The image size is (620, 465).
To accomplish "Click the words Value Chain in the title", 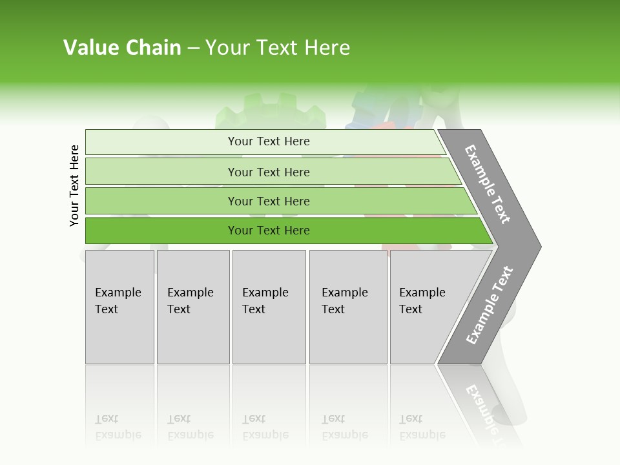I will coord(122,48).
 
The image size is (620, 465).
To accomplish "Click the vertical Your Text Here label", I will coord(74,185).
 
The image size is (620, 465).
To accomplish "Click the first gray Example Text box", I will coord(119,307).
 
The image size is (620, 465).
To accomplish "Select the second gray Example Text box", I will coord(193,307).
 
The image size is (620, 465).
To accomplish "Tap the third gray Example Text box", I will coord(269,307).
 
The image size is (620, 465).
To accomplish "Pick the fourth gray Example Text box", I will coord(348,307).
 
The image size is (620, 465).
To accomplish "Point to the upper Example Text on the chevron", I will coord(488,184).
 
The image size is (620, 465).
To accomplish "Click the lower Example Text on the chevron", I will coord(490,305).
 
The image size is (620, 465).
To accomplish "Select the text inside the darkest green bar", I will coord(269,231).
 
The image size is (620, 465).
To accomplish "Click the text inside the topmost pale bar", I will coord(269,141).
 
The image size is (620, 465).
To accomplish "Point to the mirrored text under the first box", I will coord(118,428).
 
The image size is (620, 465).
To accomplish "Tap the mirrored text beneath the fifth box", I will coord(422,428).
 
